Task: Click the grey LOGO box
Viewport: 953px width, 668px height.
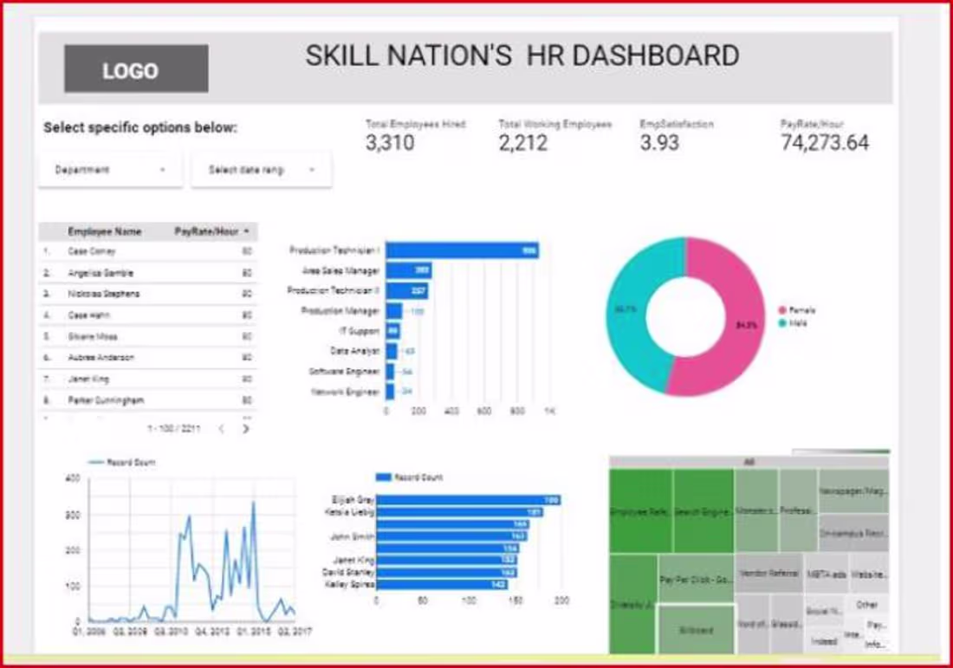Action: click(x=136, y=69)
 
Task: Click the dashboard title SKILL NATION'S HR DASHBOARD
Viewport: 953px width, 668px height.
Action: click(x=522, y=56)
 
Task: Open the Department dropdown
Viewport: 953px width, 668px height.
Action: click(x=110, y=170)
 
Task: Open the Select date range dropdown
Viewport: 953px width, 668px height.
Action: click(x=261, y=170)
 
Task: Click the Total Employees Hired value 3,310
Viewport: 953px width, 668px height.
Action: click(x=390, y=143)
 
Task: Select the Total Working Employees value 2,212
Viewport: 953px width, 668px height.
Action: click(x=522, y=143)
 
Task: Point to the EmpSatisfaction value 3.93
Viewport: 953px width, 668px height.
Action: click(x=659, y=143)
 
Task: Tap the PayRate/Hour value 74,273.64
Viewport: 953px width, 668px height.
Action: click(x=824, y=143)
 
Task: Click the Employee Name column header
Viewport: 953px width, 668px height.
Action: click(x=104, y=231)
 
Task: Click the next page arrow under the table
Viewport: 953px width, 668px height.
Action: click(x=246, y=428)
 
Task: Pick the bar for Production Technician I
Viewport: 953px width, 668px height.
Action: click(x=462, y=250)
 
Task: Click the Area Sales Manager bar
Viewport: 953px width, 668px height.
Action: click(x=408, y=271)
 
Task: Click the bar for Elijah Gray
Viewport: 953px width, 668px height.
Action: click(x=468, y=500)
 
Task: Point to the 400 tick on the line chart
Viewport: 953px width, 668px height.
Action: click(x=73, y=478)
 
